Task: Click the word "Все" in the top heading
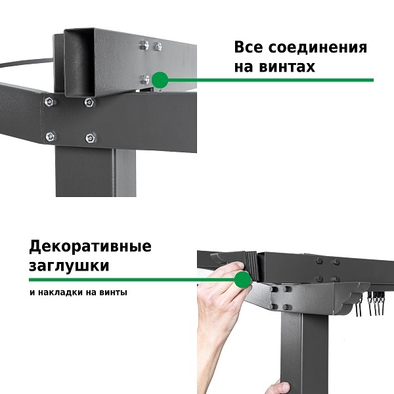pos(249,47)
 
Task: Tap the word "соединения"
pos(318,47)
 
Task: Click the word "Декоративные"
pos(90,246)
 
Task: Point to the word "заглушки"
pos(69,265)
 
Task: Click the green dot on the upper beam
pos(160,80)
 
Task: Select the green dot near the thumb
pos(243,280)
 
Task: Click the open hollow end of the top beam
pos(79,62)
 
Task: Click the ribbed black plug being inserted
pos(252,266)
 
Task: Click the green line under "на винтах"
pos(271,80)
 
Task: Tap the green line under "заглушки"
pos(132,280)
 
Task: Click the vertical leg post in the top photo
pos(96,171)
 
